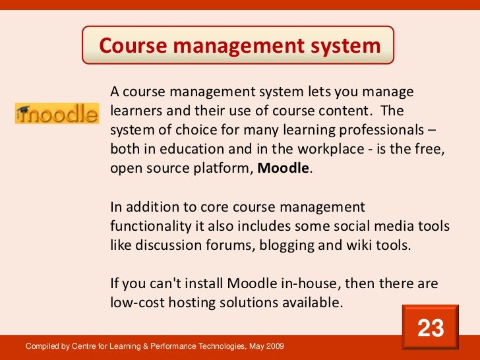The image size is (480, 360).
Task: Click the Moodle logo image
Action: (57, 113)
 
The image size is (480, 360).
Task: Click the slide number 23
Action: (431, 328)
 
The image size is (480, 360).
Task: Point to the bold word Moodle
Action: (283, 167)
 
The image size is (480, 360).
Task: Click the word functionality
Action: (150, 226)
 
